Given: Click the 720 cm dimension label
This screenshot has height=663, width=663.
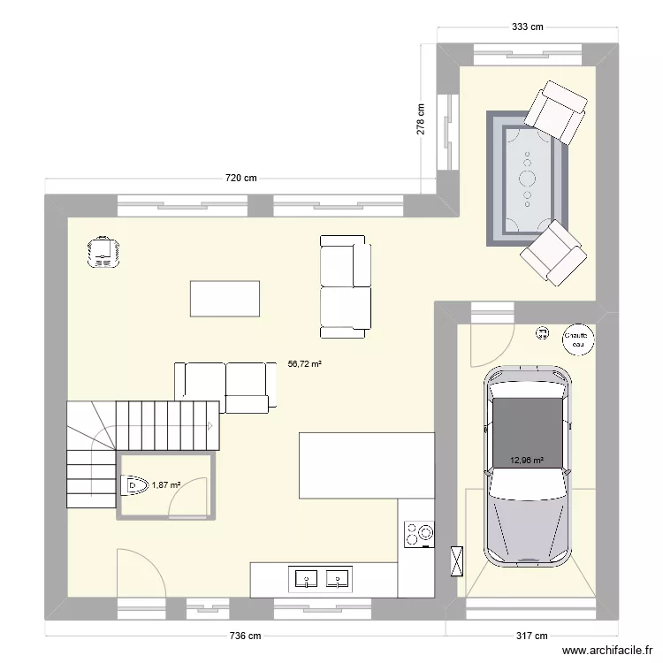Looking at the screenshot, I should click(x=240, y=178).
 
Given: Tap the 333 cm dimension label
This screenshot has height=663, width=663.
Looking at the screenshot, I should click(x=528, y=27).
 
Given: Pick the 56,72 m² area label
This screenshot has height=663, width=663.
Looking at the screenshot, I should click(x=305, y=362).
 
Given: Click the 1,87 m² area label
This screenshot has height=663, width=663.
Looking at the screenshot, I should click(x=165, y=484).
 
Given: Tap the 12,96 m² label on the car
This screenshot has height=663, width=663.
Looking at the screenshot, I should click(x=527, y=460).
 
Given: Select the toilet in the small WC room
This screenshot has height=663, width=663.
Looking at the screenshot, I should click(x=133, y=484).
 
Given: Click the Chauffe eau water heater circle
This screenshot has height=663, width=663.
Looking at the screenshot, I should click(x=578, y=339).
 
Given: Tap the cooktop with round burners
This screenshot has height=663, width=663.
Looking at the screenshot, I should click(x=419, y=533).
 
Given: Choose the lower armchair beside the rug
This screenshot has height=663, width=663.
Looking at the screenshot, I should click(x=553, y=254).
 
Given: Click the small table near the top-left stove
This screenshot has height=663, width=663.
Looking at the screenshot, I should click(x=225, y=298).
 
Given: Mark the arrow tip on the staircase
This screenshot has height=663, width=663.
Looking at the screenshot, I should click(x=210, y=425).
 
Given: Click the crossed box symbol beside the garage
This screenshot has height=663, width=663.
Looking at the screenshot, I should click(x=457, y=560).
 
